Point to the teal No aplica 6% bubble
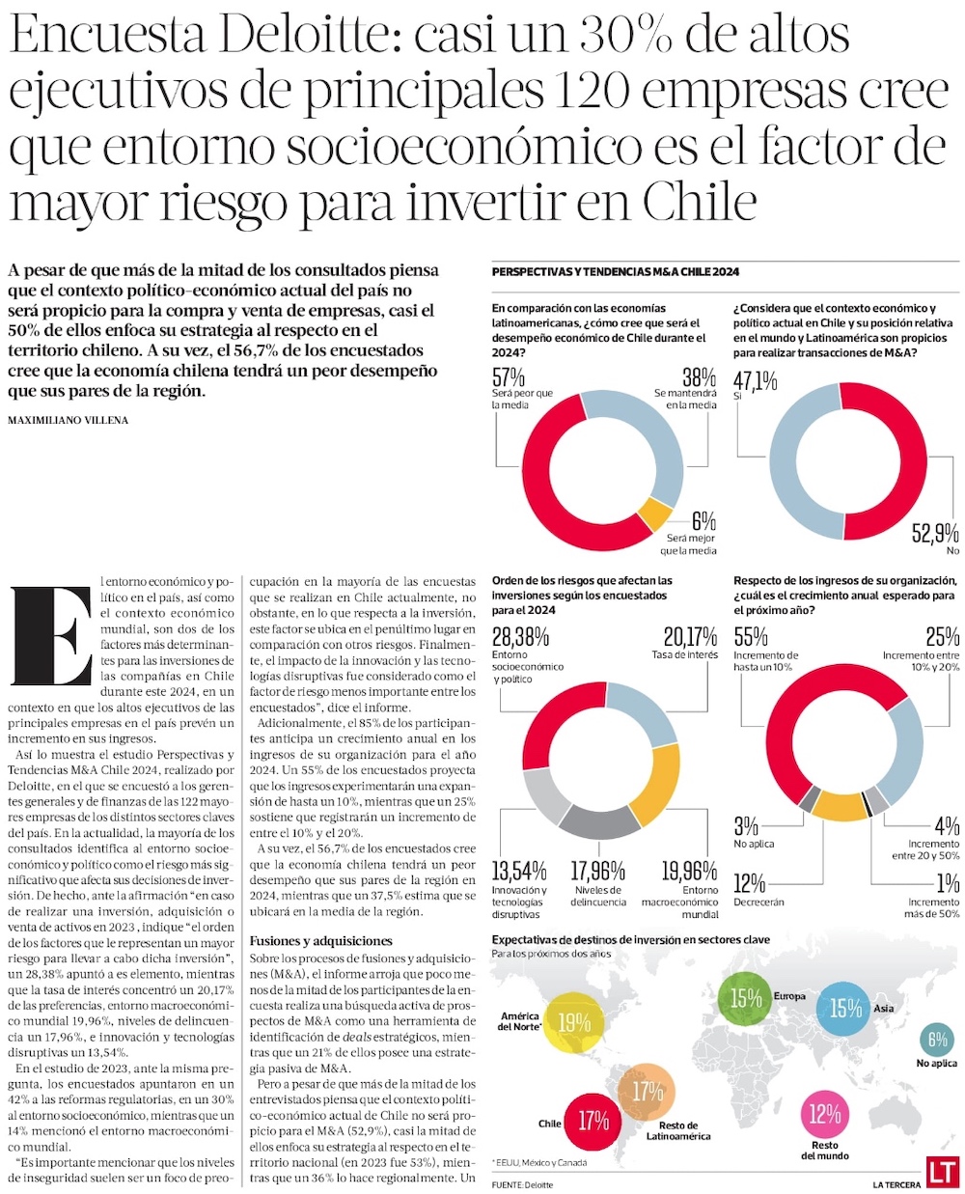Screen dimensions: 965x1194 coord(937,1040)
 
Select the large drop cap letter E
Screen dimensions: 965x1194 coord(50,636)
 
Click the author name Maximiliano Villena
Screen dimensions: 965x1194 coord(68,420)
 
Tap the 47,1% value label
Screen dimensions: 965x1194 coord(755,381)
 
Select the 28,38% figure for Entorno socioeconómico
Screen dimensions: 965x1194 coord(520,637)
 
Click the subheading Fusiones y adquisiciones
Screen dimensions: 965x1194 coord(321,940)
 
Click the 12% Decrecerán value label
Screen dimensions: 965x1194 coord(749,884)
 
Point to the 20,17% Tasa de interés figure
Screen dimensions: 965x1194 coord(690,637)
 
